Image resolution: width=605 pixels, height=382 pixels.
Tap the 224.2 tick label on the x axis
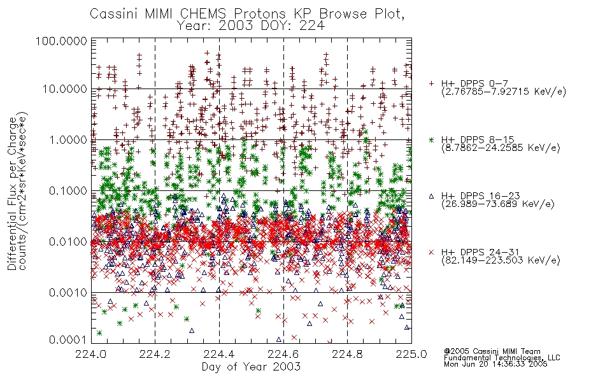click(x=155, y=354)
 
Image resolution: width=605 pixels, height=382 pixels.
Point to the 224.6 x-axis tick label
click(x=283, y=354)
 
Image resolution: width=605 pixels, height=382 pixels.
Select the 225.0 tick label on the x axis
click(x=411, y=354)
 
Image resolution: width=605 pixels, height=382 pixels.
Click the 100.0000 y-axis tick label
click(x=61, y=41)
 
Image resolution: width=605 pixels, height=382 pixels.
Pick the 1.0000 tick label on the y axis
click(x=68, y=139)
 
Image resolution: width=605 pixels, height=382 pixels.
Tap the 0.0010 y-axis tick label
click(x=68, y=292)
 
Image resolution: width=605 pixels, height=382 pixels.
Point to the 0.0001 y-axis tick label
click(x=68, y=340)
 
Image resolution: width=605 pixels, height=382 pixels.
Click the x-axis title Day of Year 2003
click(x=251, y=367)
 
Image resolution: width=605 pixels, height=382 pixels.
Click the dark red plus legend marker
click(x=431, y=83)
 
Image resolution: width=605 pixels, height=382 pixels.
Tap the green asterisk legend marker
click(x=431, y=139)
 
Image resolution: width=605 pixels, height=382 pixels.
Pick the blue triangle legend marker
click(x=431, y=196)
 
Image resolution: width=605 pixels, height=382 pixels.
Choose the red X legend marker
click(x=431, y=252)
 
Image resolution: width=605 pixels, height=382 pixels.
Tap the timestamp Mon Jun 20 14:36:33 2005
click(x=495, y=364)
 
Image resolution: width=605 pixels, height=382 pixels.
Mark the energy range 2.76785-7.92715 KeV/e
click(x=504, y=92)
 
